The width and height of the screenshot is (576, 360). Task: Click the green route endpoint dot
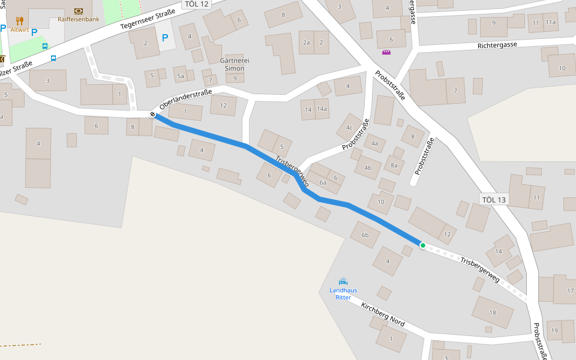click(423, 245)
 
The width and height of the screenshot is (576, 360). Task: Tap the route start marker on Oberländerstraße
click(152, 115)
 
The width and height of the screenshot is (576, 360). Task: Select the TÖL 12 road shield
click(197, 4)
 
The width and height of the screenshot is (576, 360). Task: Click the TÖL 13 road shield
click(494, 200)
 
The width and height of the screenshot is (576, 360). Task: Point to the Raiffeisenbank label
click(79, 19)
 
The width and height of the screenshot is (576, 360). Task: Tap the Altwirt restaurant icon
click(20, 21)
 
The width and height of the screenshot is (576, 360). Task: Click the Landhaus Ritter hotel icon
click(343, 281)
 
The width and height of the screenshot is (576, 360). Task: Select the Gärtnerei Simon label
click(235, 65)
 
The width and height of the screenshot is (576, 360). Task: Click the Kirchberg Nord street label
click(383, 314)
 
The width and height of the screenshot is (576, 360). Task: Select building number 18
click(493, 313)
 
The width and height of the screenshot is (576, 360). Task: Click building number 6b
click(365, 235)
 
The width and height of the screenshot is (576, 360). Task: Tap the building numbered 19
click(554, 331)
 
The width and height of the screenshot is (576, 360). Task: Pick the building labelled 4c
click(349, 127)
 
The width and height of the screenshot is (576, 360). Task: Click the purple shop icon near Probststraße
click(386, 52)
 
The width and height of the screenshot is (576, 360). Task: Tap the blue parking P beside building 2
click(165, 38)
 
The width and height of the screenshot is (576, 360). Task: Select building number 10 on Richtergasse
click(562, 68)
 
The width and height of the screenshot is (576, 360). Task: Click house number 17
click(571, 291)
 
